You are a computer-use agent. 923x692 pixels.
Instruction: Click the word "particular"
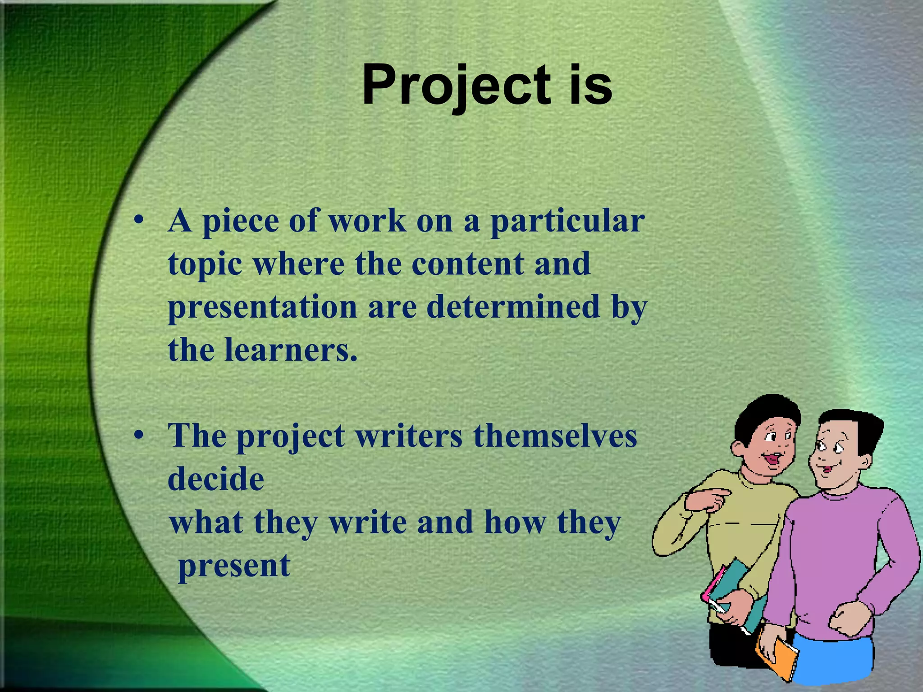click(567, 222)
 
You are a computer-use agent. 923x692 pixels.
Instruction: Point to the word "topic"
click(205, 265)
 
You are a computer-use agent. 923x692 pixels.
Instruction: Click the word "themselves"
click(555, 436)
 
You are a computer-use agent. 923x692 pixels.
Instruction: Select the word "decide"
click(216, 479)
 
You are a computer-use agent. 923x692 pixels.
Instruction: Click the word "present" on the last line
click(234, 566)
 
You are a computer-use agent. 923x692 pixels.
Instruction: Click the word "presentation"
click(263, 307)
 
